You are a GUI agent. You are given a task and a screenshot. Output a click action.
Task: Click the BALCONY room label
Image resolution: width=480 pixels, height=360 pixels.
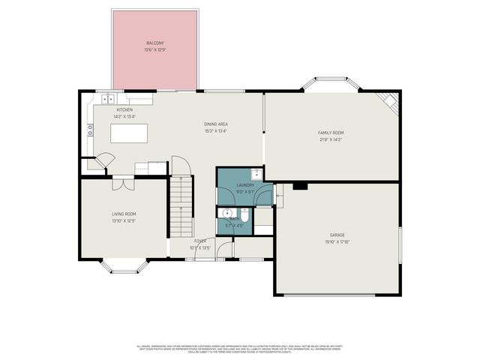click(x=155, y=43)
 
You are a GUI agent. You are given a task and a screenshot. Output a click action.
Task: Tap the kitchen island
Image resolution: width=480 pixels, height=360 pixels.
click(x=128, y=133)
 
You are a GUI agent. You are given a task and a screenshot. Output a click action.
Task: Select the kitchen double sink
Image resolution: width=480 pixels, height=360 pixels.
click(x=109, y=97)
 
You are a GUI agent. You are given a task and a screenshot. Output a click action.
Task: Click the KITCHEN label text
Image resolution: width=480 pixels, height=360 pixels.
click(x=124, y=110)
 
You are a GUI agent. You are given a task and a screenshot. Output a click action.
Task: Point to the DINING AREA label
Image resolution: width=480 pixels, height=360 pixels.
click(x=215, y=124)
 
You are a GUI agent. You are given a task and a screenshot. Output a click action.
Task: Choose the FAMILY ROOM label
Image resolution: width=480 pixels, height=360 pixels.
click(x=330, y=133)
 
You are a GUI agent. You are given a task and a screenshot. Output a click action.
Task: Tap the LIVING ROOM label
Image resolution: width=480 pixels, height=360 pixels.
click(x=124, y=214)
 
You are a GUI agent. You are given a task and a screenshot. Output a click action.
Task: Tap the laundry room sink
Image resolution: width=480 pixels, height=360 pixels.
click(x=256, y=173)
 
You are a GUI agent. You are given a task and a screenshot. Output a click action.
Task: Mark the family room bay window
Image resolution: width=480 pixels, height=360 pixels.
click(x=330, y=85)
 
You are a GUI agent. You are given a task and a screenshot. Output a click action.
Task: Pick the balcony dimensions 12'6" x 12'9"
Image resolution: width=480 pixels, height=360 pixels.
click(x=155, y=49)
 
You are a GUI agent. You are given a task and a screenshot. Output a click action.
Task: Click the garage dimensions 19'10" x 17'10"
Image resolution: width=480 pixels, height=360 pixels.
click(x=337, y=241)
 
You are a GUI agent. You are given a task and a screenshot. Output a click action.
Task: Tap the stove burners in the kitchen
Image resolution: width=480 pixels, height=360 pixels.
click(x=90, y=128)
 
